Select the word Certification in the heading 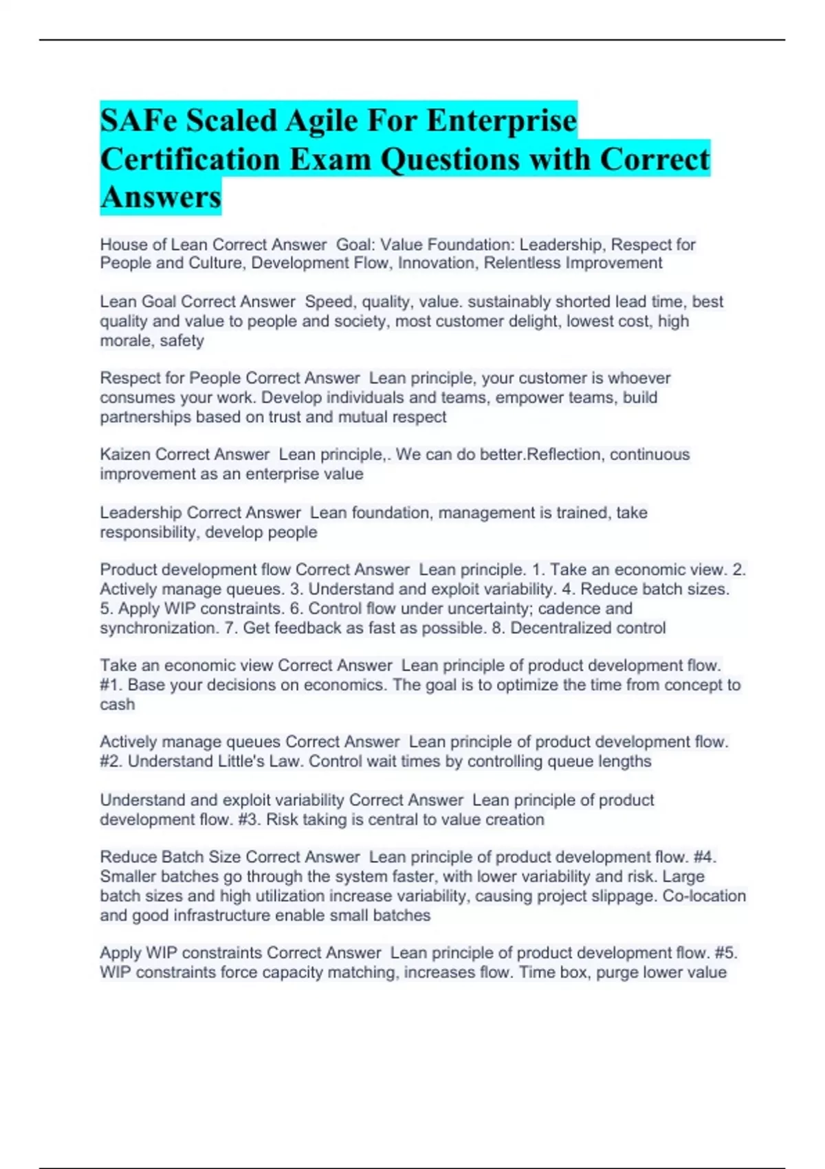pos(190,160)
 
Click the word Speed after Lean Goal pos(329,302)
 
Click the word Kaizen pos(126,455)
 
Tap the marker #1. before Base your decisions pos(111,685)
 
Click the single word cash pos(117,705)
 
